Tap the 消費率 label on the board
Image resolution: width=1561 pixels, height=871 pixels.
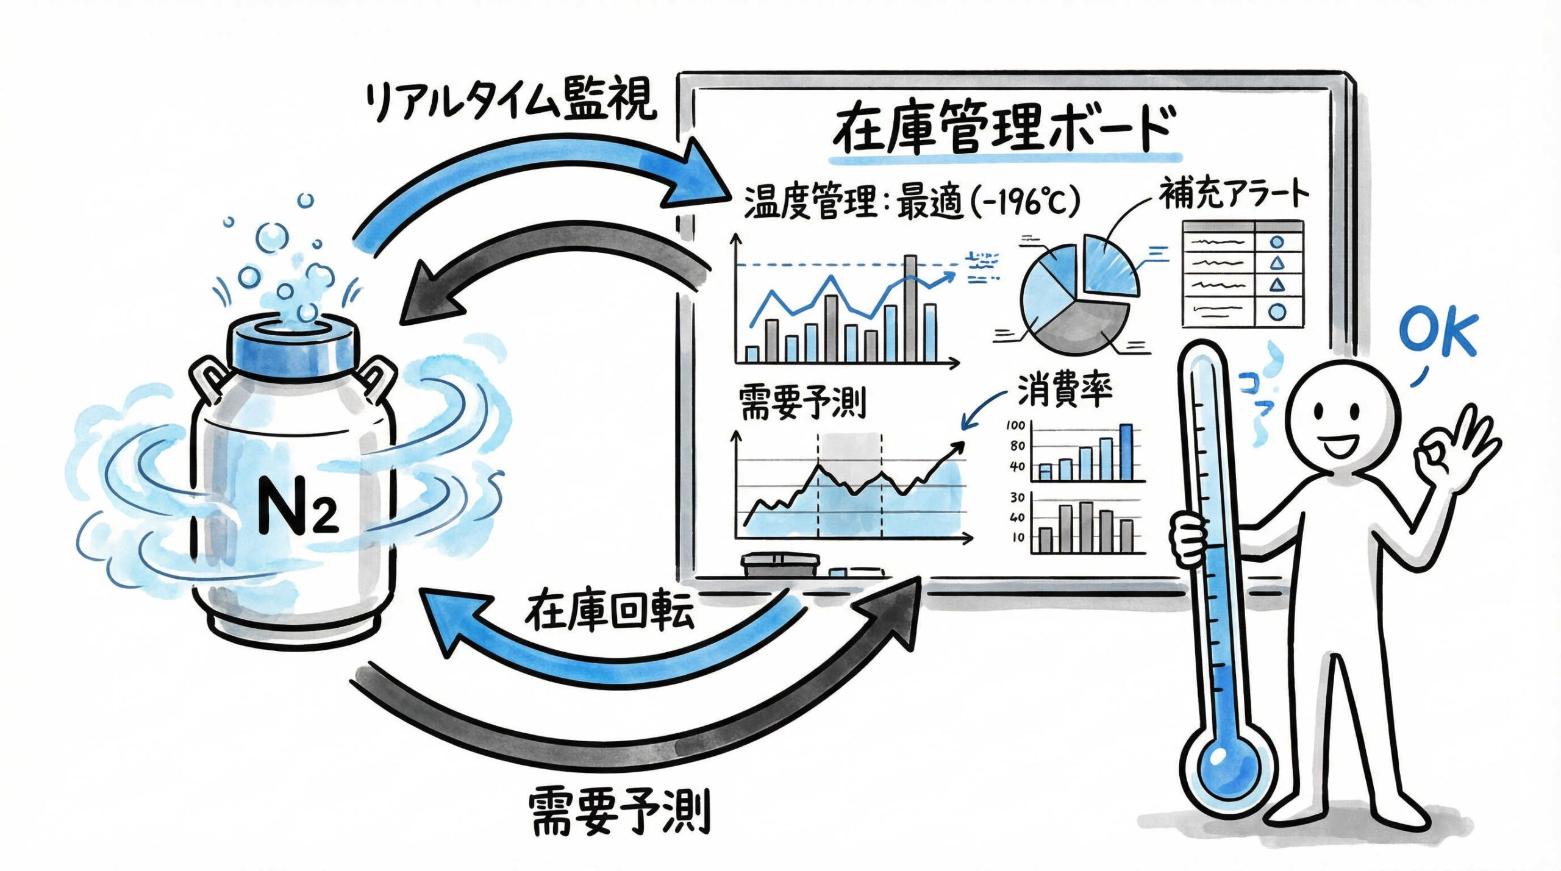(1065, 389)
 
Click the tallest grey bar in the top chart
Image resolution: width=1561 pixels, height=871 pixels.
(910, 308)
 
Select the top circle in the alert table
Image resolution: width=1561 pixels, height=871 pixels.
(1277, 241)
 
